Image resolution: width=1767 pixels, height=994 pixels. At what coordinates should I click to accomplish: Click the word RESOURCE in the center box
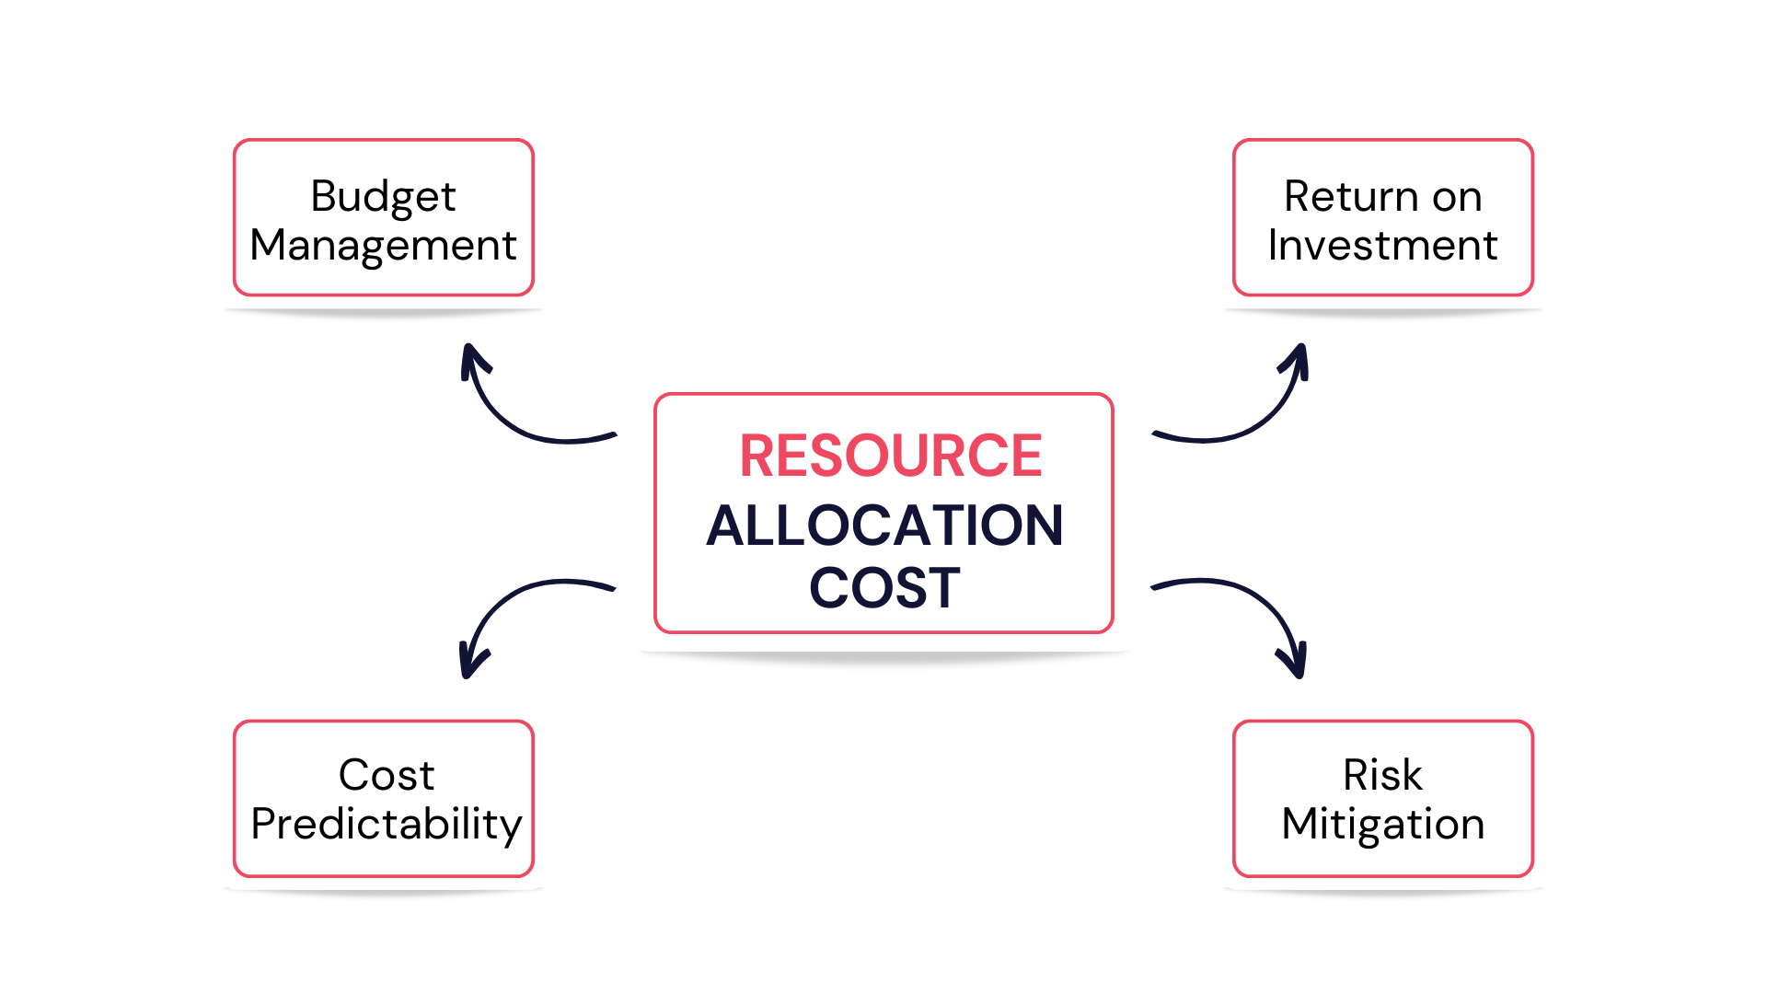890,456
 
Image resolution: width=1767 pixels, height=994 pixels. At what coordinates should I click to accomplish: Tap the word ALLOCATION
884,526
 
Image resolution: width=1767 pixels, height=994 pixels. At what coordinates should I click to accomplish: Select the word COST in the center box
884,587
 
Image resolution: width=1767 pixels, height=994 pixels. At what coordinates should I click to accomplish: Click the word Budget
383,197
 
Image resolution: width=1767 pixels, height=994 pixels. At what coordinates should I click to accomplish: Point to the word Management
383,246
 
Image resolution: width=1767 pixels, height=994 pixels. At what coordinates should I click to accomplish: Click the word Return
1351,197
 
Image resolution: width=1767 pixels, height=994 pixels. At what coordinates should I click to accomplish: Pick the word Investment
1382,246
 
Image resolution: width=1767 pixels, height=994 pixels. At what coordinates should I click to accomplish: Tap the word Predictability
386,824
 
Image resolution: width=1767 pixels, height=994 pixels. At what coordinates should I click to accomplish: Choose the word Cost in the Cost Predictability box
386,775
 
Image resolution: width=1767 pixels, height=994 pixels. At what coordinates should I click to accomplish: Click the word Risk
1382,775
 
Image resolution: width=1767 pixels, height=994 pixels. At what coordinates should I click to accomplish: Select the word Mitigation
1382,824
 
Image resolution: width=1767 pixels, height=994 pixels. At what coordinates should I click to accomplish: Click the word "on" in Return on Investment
1457,197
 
